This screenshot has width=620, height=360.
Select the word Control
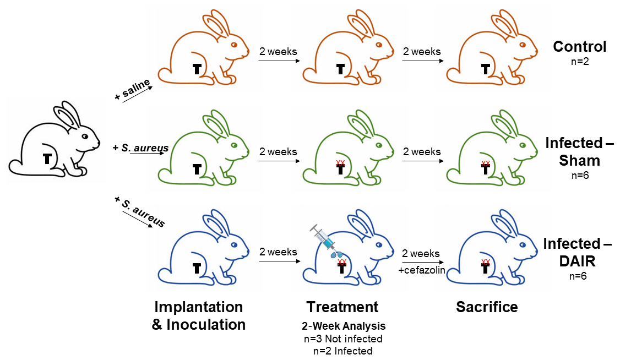click(x=579, y=47)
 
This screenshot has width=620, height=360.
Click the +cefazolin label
click(x=421, y=270)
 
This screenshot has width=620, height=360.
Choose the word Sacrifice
click(x=487, y=307)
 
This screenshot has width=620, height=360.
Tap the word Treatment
click(x=342, y=307)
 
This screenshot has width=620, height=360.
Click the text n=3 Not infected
click(x=342, y=339)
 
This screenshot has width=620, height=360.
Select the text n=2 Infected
click(x=342, y=351)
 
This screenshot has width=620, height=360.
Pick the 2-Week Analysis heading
click(x=342, y=326)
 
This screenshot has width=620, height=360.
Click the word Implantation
click(x=198, y=307)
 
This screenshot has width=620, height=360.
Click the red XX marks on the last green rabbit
click(x=486, y=163)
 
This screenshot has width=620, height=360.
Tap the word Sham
click(x=579, y=160)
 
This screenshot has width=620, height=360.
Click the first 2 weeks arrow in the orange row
click(x=278, y=59)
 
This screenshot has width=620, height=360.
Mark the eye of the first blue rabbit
click(x=233, y=244)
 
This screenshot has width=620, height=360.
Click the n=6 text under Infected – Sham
click(x=579, y=177)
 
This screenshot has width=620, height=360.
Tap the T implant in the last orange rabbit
click(x=485, y=69)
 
